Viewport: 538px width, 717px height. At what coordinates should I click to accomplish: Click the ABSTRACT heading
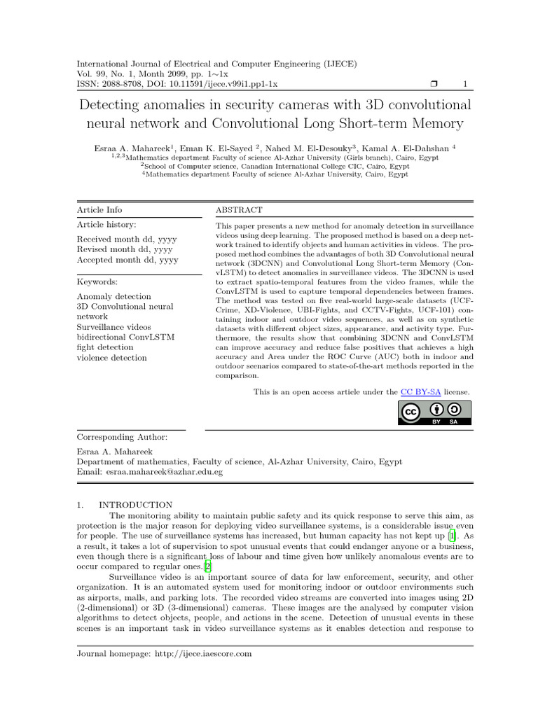239,210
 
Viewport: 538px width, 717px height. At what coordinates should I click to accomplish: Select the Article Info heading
99,210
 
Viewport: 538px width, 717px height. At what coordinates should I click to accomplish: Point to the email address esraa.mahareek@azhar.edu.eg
165,473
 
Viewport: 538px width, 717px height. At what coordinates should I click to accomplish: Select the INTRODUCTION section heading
135,504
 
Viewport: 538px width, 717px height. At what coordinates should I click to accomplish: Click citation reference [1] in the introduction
453,535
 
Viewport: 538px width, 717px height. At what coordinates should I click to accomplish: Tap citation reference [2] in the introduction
207,565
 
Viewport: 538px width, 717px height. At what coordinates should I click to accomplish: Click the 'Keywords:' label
97,281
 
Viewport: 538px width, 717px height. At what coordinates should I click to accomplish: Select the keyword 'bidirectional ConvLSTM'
125,337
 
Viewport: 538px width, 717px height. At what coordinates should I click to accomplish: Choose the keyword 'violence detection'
111,358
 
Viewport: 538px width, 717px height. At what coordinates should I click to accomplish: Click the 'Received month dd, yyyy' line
126,239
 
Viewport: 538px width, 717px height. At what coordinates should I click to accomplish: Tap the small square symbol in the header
433,85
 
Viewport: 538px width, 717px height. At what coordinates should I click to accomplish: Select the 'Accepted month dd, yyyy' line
127,260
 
